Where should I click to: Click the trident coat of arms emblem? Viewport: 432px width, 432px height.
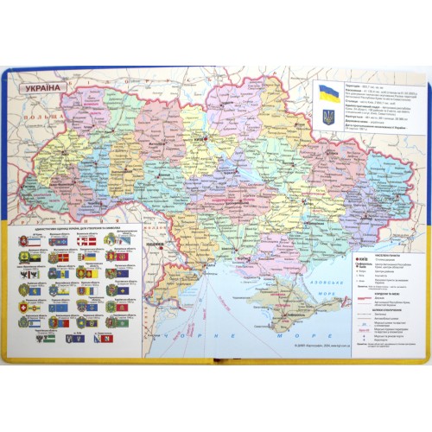327,115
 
